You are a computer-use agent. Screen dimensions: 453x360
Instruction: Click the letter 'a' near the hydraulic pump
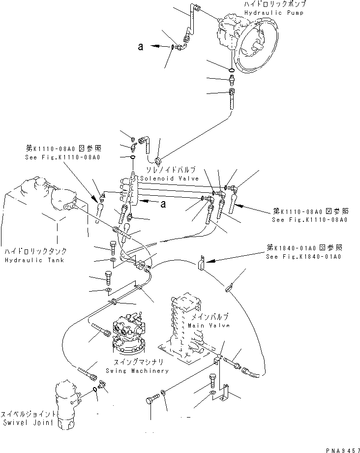coord(141,47)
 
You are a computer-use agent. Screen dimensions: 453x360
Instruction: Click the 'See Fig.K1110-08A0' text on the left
coord(62,157)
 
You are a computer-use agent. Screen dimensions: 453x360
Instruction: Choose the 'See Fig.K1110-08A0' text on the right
coord(310,220)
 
